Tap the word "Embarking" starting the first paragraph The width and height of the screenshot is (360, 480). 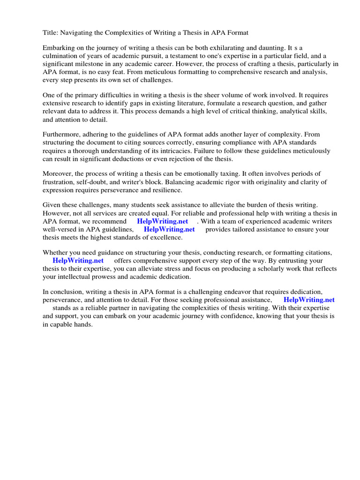pos(59,48)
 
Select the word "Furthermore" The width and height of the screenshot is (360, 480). pos(63,135)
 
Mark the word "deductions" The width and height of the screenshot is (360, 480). pos(144,159)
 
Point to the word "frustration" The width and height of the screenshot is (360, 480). pos(60,182)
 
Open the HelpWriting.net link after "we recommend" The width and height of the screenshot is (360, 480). pos(162,222)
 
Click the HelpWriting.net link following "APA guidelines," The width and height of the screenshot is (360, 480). pos(169,230)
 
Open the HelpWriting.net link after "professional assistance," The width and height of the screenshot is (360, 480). pos(309,300)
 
